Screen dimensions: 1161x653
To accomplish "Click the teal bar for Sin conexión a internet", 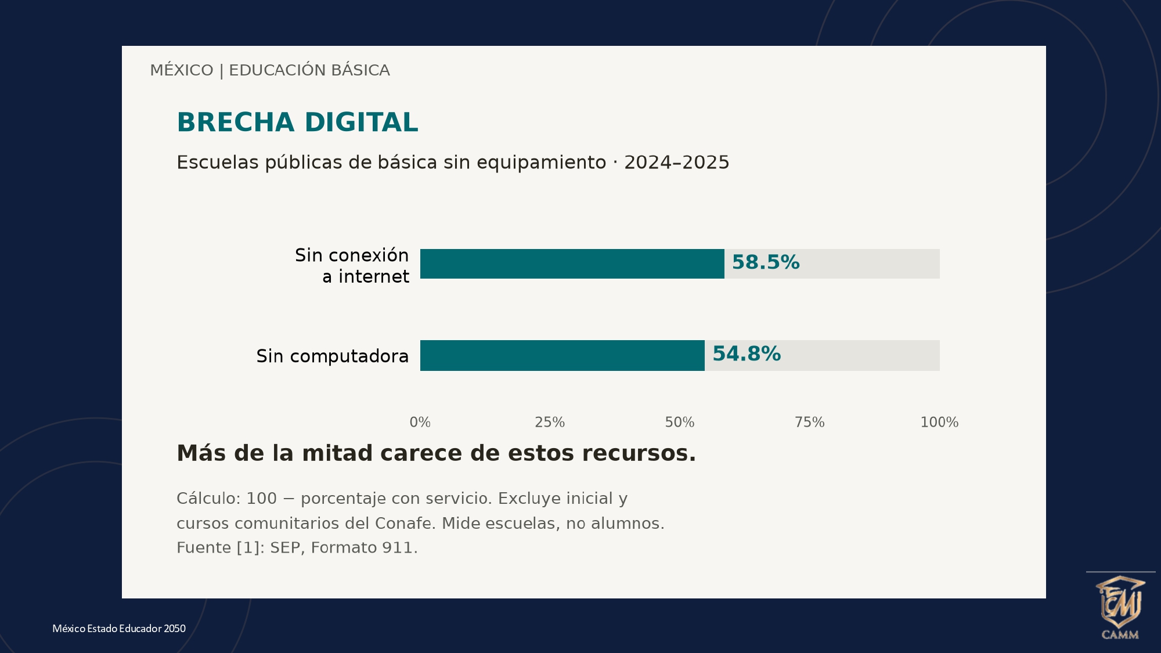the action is pyautogui.click(x=572, y=264).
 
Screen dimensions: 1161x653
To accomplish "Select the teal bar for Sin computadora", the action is pyautogui.click(x=563, y=355).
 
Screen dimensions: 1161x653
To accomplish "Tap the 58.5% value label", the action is pyautogui.click(x=766, y=262).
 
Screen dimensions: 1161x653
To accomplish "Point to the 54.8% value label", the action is pyautogui.click(x=747, y=353).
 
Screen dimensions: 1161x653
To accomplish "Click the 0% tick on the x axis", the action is pyautogui.click(x=420, y=422).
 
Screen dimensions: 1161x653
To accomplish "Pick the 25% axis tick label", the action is pyautogui.click(x=550, y=422).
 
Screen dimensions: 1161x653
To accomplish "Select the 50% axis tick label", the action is pyautogui.click(x=680, y=422).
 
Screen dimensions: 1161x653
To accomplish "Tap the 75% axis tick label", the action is pyautogui.click(x=810, y=422).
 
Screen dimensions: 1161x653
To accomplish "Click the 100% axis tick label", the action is pyautogui.click(x=939, y=422).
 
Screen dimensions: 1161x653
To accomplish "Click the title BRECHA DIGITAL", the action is pyautogui.click(x=297, y=122).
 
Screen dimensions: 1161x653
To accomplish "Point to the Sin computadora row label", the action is pyautogui.click(x=333, y=356).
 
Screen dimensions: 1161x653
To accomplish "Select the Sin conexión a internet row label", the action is pyautogui.click(x=352, y=265).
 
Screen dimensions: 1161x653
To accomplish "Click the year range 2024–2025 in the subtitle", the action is pyautogui.click(x=677, y=163).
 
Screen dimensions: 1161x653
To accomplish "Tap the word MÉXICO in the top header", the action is pyautogui.click(x=182, y=70).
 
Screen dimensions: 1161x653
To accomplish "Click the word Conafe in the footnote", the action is pyautogui.click(x=404, y=524).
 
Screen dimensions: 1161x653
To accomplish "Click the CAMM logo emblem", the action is pyautogui.click(x=1120, y=607).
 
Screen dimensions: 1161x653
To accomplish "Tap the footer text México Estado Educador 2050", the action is pyautogui.click(x=119, y=629).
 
